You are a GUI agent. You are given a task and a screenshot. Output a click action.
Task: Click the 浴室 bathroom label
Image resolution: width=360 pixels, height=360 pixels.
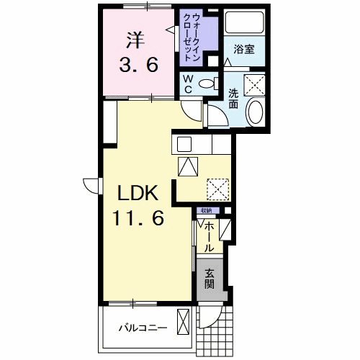tap(244, 51)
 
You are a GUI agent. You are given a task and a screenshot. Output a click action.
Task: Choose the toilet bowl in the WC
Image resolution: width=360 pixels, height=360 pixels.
tap(207, 83)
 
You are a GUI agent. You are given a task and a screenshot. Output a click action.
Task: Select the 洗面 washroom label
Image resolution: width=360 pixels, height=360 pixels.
tap(234, 97)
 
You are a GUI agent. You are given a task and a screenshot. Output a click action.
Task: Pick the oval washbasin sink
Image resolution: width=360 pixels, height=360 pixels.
tap(255, 114)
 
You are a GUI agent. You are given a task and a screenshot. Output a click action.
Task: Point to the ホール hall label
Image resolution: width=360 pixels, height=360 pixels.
tap(208, 237)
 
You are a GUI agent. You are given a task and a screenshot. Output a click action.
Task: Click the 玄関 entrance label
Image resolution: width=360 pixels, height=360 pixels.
tap(209, 279)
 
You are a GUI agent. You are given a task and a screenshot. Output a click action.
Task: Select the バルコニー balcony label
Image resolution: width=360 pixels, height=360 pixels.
tap(143, 328)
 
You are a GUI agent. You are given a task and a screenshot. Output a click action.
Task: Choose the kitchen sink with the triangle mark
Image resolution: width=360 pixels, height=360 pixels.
tap(188, 166)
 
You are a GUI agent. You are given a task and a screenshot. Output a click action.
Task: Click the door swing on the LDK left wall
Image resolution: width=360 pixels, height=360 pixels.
tap(91, 186)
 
